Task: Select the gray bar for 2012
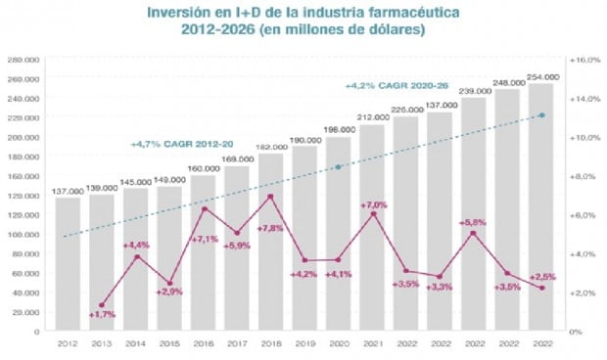click(x=68, y=264)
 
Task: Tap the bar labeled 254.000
click(x=541, y=205)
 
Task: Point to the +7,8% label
click(x=270, y=228)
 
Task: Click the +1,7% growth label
click(x=103, y=314)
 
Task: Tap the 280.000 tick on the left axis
click(x=23, y=60)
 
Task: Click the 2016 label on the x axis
click(x=203, y=344)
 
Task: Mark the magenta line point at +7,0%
click(x=372, y=213)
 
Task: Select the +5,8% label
click(x=473, y=222)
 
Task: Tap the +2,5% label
click(x=541, y=277)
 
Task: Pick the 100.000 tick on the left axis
click(x=23, y=235)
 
